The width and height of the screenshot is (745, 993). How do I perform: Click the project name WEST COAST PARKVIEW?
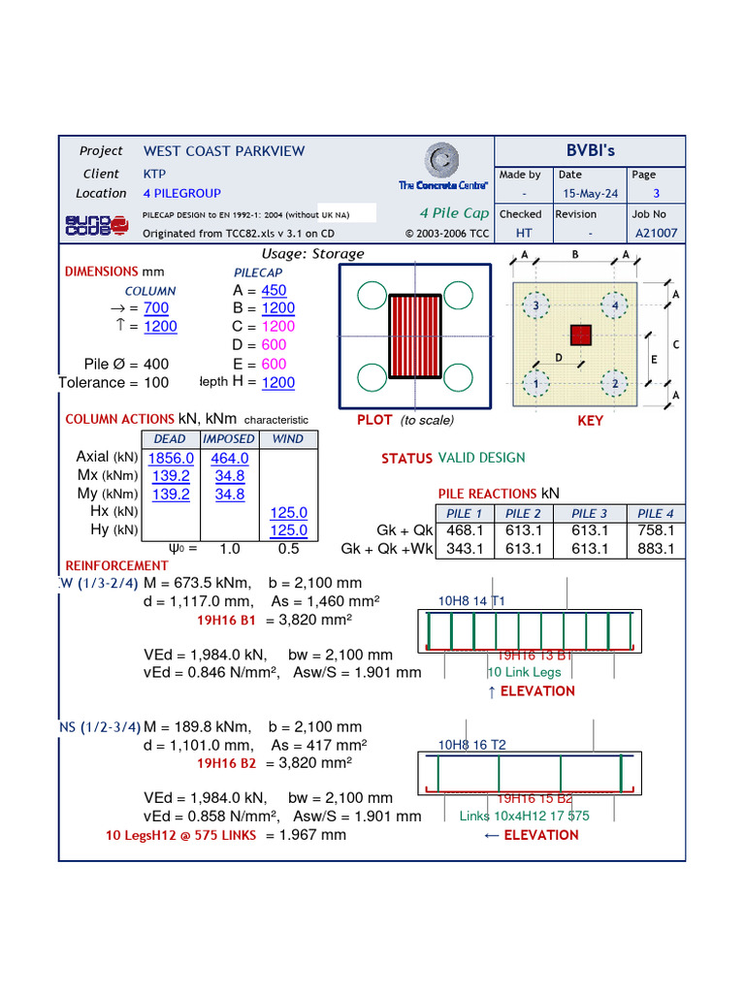point(224,151)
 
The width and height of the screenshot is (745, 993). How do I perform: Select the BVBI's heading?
point(590,151)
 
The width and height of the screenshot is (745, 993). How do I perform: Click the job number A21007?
point(656,234)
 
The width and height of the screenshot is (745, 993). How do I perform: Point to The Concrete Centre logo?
point(443,167)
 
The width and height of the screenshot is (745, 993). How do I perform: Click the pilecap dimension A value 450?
point(274,291)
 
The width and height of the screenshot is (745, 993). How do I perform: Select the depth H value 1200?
point(277,383)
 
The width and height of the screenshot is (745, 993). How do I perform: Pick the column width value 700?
point(156,308)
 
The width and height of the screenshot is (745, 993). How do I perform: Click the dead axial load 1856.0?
point(171,459)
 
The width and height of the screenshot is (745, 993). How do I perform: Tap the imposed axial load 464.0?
point(230,459)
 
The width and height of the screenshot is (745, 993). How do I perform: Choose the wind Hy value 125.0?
point(288,530)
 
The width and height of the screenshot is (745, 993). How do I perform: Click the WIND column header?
point(287,439)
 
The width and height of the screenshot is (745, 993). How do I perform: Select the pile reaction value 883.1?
point(656,549)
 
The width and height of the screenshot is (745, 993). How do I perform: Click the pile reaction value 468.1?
point(465,530)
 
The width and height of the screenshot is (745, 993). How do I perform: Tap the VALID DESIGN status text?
point(481,458)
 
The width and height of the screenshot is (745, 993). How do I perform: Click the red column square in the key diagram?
point(580,336)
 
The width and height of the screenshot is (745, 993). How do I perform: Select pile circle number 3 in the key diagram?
point(534,306)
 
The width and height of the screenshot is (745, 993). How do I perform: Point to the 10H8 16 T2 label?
point(471,745)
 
